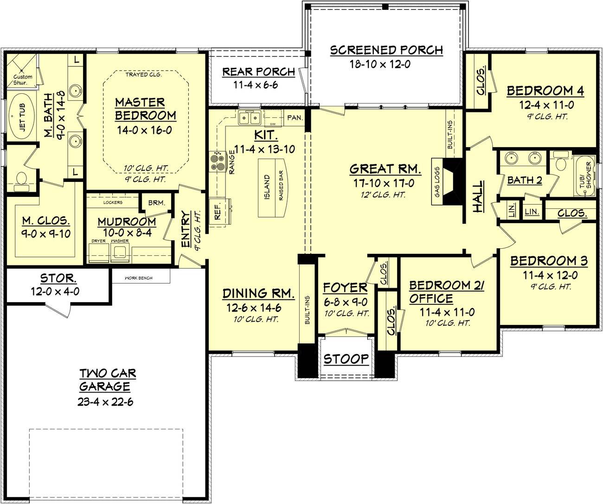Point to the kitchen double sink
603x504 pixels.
coord(249,118)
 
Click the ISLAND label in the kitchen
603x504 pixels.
coord(267,187)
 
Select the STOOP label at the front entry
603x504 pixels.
coord(346,359)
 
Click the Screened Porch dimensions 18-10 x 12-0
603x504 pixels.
coord(379,64)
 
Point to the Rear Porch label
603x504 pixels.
coord(258,72)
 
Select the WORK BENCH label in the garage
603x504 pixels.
coord(138,278)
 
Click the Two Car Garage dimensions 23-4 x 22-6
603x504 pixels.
coord(106,401)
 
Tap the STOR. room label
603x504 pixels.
coord(58,278)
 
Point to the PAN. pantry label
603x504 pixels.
coord(294,118)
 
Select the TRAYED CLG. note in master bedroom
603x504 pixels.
coord(143,74)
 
